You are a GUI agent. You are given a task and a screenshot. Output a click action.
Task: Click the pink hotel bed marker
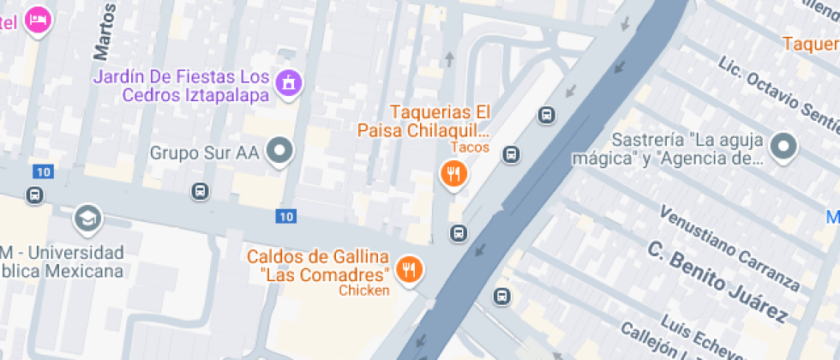(37, 19)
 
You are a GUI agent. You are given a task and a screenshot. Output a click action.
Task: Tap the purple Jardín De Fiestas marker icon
(289, 83)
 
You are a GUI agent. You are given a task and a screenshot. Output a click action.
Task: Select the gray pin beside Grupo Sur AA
(279, 152)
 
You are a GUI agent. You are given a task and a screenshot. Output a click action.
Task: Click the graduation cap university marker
(87, 218)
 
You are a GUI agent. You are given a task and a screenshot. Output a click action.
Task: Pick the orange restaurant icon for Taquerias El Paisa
(453, 174)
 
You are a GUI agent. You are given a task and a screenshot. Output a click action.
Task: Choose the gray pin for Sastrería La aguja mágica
(783, 147)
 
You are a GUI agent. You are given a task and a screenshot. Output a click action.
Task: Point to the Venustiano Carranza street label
(729, 248)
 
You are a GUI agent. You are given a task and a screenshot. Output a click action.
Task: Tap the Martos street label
(105, 32)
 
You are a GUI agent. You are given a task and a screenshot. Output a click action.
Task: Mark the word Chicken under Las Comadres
(363, 291)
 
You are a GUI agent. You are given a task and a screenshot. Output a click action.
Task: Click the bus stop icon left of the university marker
(34, 195)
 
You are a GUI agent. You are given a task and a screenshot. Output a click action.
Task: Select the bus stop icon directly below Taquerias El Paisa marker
(459, 233)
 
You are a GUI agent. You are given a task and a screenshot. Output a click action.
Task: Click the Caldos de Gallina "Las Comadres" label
(319, 266)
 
